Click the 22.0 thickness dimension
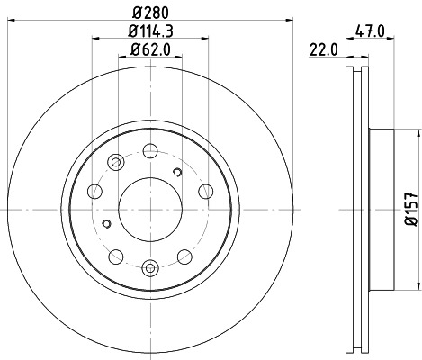pyautogui.click(x=327, y=51)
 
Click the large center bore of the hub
pyautogui.click(x=150, y=209)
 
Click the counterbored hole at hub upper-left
pyautogui.click(x=114, y=163)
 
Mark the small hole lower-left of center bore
pyautogui.click(x=106, y=224)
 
